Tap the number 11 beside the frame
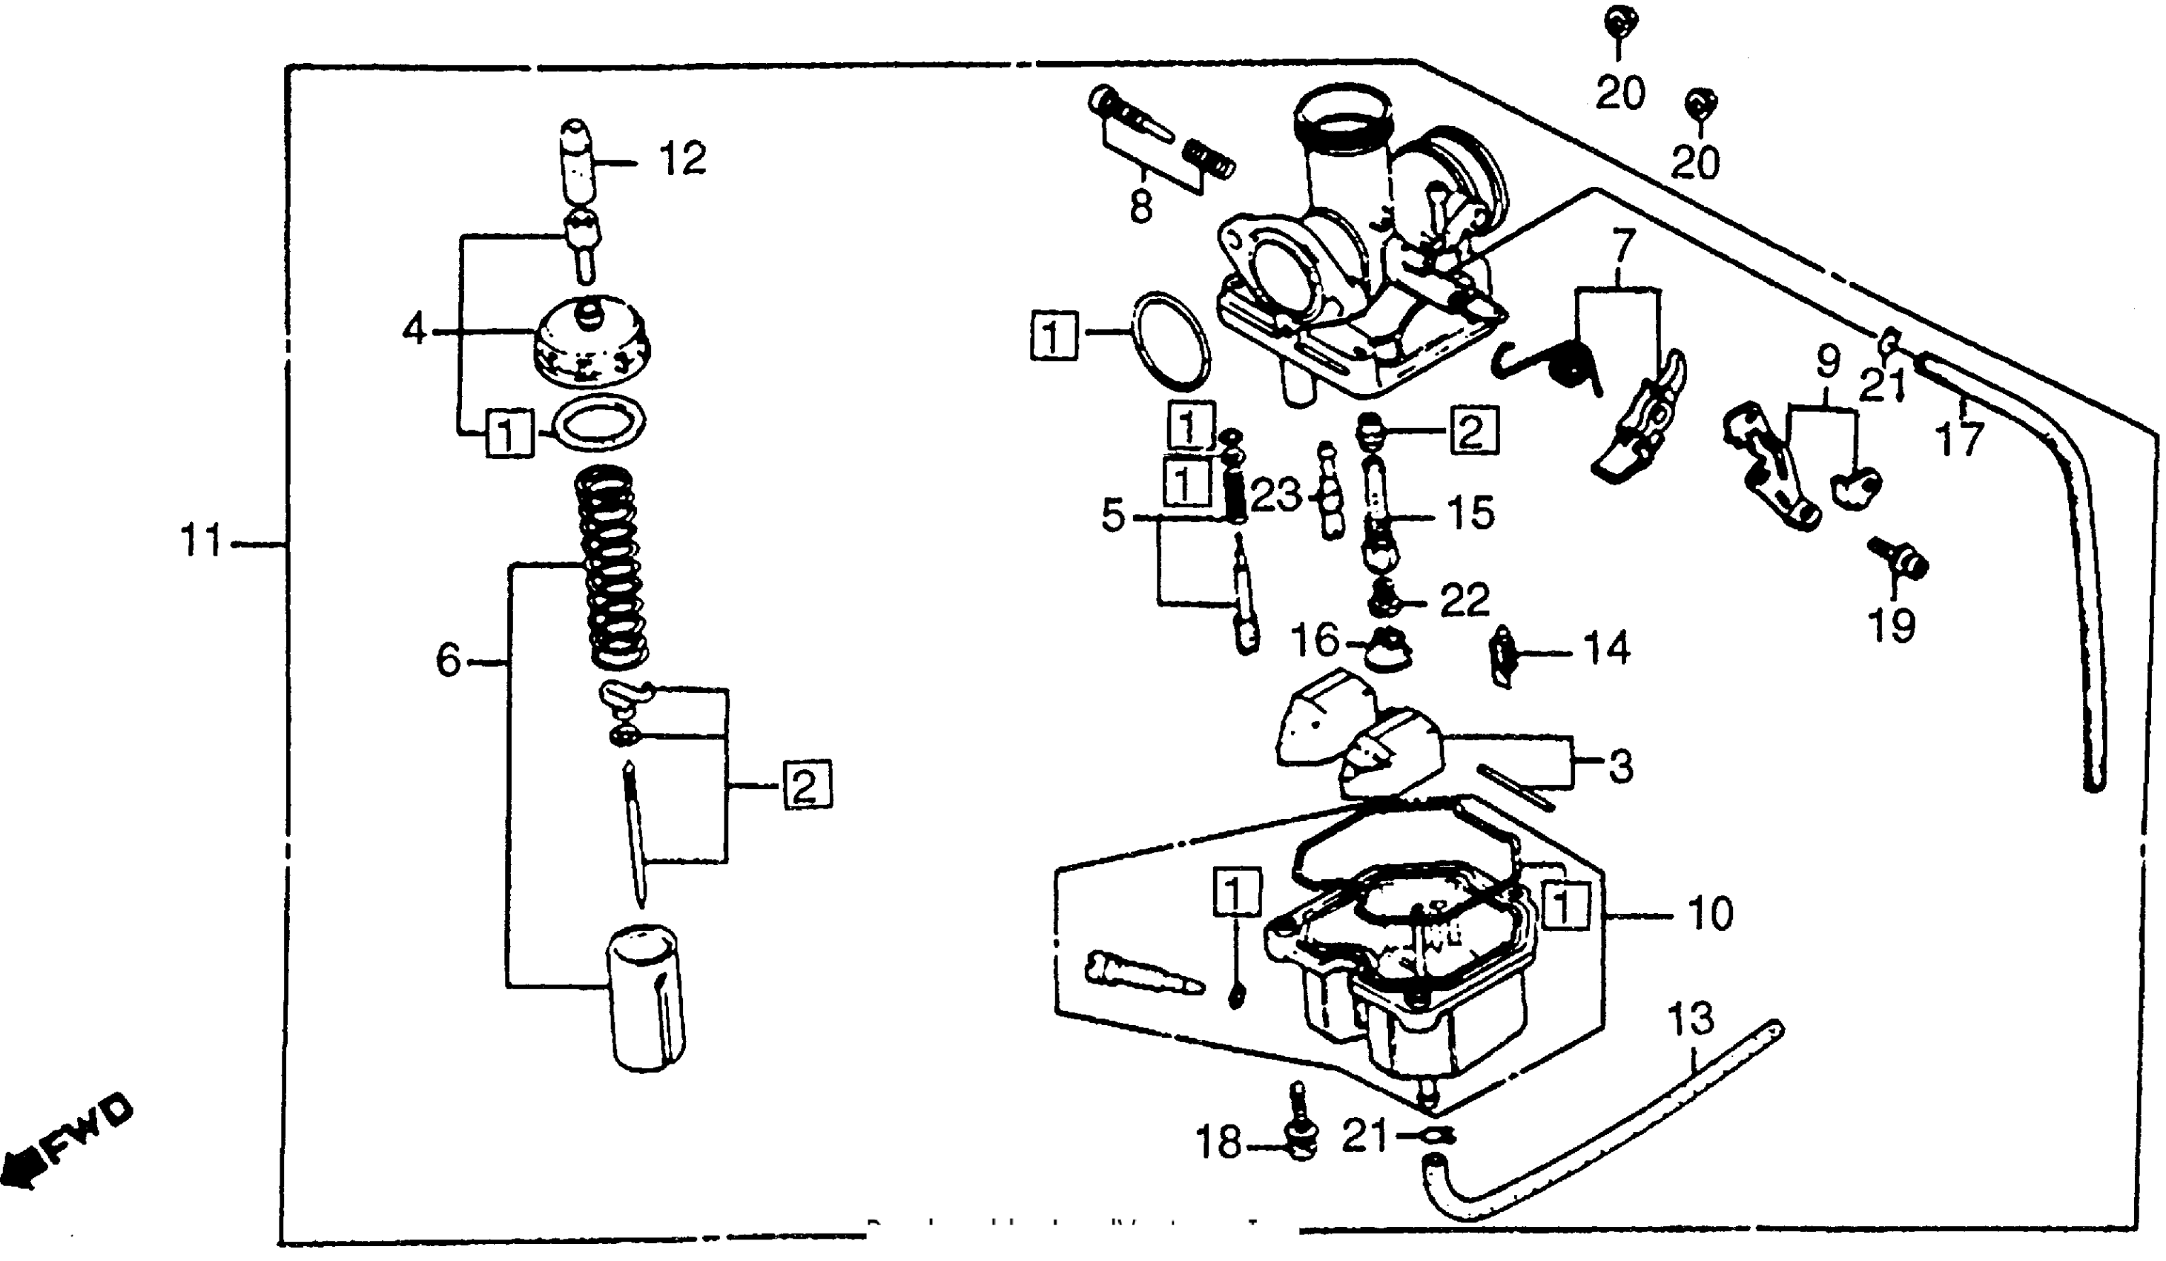200,542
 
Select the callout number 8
1140,206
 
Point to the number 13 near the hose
1690,1019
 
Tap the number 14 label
1605,649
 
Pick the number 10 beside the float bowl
1711,915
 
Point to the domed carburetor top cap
590,342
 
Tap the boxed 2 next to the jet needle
806,786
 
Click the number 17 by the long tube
1960,440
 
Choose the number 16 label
1315,640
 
